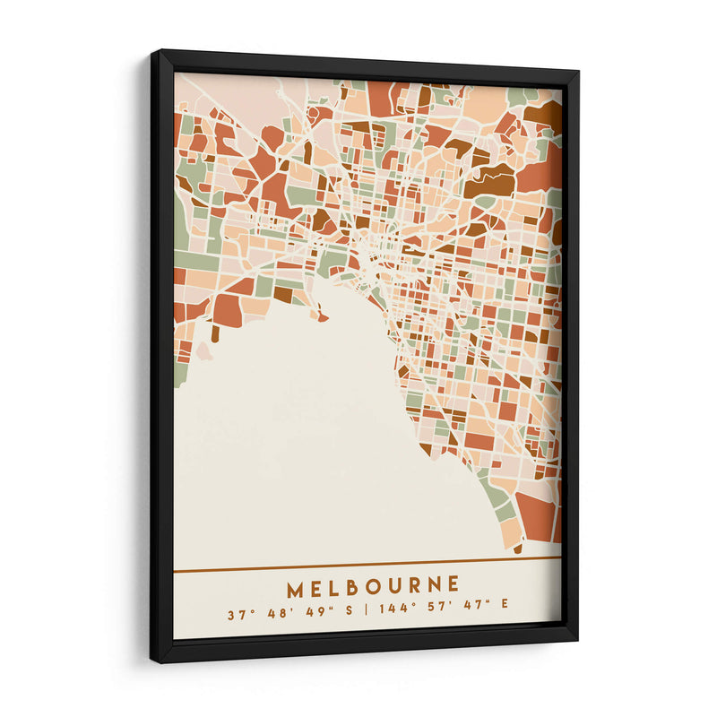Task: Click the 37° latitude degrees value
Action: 236,616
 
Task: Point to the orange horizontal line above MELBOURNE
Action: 367,564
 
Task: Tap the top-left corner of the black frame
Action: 153,54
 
